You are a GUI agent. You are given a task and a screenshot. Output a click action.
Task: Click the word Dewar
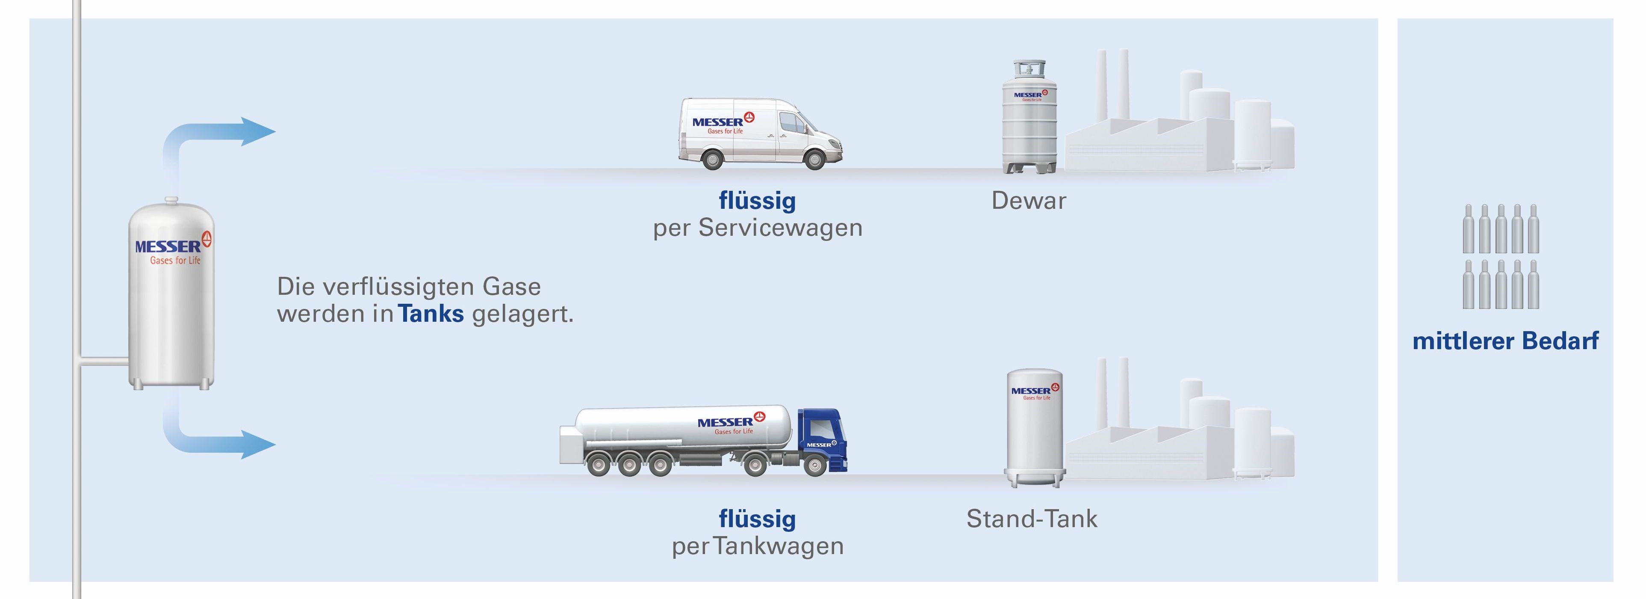[1028, 201]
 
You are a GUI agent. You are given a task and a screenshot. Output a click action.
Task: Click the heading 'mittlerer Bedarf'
[1505, 341]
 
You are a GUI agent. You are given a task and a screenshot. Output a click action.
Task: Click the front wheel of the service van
[815, 159]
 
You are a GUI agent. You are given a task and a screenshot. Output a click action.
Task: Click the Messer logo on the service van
[723, 123]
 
